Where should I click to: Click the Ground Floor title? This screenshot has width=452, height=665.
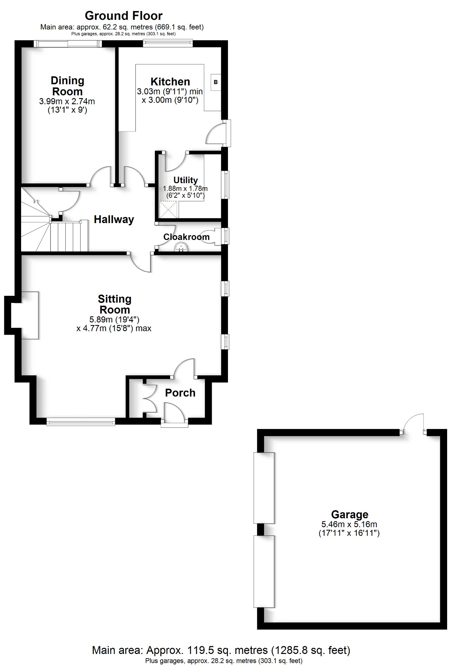(123, 16)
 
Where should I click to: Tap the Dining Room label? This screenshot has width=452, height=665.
(68, 86)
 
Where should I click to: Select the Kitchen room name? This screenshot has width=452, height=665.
(170, 82)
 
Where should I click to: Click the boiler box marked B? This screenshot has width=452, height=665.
(216, 82)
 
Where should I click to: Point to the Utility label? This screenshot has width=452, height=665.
(185, 180)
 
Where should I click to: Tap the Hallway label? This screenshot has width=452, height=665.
(114, 220)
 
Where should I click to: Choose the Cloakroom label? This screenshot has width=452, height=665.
(186, 237)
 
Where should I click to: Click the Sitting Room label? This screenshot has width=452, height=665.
(115, 304)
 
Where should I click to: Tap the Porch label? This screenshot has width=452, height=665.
(180, 393)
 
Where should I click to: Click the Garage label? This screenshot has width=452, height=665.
(349, 514)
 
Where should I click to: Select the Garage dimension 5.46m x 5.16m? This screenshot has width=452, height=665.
(349, 524)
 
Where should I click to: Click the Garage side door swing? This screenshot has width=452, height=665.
(414, 423)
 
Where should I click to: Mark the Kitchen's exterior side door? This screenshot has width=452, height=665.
(218, 133)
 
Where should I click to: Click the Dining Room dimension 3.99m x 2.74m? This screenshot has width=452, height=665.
(67, 101)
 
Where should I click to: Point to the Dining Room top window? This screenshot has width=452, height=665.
(68, 44)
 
